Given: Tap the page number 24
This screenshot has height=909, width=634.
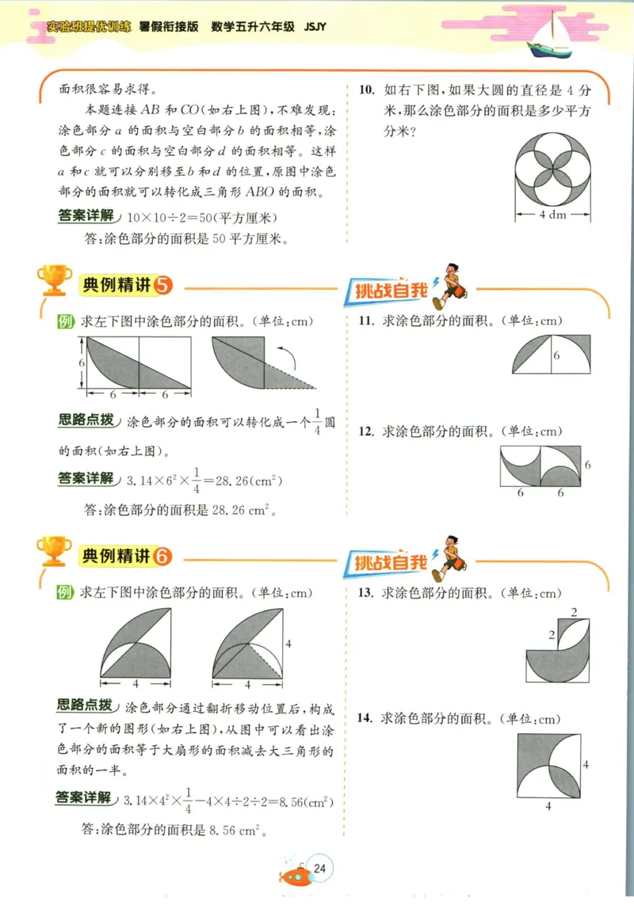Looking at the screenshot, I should click(x=320, y=869).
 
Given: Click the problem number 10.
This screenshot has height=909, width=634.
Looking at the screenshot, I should click(x=365, y=89).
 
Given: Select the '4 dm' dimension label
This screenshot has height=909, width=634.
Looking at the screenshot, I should click(x=552, y=215).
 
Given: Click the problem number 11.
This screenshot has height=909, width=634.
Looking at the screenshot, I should click(x=365, y=321).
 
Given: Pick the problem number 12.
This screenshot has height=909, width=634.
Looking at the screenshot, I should click(x=365, y=432).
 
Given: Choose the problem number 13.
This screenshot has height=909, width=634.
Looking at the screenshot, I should click(x=365, y=592).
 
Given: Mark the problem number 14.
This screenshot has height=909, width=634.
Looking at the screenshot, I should click(x=365, y=719).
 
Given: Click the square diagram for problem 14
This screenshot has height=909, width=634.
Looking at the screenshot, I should click(x=548, y=766).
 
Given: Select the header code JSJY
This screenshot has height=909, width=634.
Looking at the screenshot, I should click(x=315, y=26).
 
